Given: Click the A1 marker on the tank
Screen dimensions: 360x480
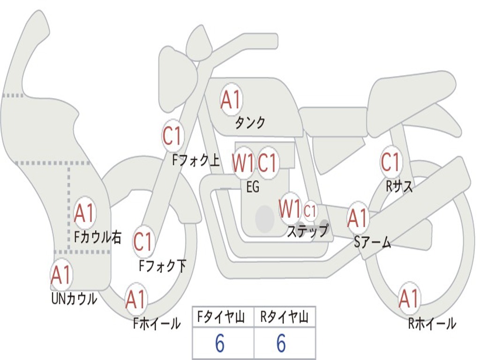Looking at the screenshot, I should [231, 99].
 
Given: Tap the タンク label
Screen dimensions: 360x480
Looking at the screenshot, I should [250, 123].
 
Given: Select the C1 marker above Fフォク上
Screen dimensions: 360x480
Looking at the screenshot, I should [172, 136].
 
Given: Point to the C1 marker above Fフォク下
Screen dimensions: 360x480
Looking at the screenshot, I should [143, 241].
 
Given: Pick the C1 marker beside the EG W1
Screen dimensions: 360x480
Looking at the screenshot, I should [268, 163].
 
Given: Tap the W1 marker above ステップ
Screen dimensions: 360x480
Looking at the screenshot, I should [290, 209].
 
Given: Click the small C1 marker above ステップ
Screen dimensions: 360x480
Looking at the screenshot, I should [310, 211].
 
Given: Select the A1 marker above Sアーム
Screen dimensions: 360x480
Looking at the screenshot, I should [358, 217].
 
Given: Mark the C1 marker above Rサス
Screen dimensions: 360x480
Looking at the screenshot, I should [390, 163].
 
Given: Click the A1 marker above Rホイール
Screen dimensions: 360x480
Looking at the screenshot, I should [409, 299].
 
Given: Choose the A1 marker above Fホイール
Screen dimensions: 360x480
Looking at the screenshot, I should [136, 300].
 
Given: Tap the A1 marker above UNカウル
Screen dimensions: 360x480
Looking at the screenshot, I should [61, 275].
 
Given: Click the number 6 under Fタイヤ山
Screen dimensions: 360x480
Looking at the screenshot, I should [219, 344].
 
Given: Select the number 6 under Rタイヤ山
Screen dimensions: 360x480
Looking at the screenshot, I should [281, 344].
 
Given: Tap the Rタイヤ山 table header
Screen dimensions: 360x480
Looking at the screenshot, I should [284, 318].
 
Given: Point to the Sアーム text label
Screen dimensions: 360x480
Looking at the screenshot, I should [373, 242].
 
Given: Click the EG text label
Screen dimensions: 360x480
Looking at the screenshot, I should [253, 187].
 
